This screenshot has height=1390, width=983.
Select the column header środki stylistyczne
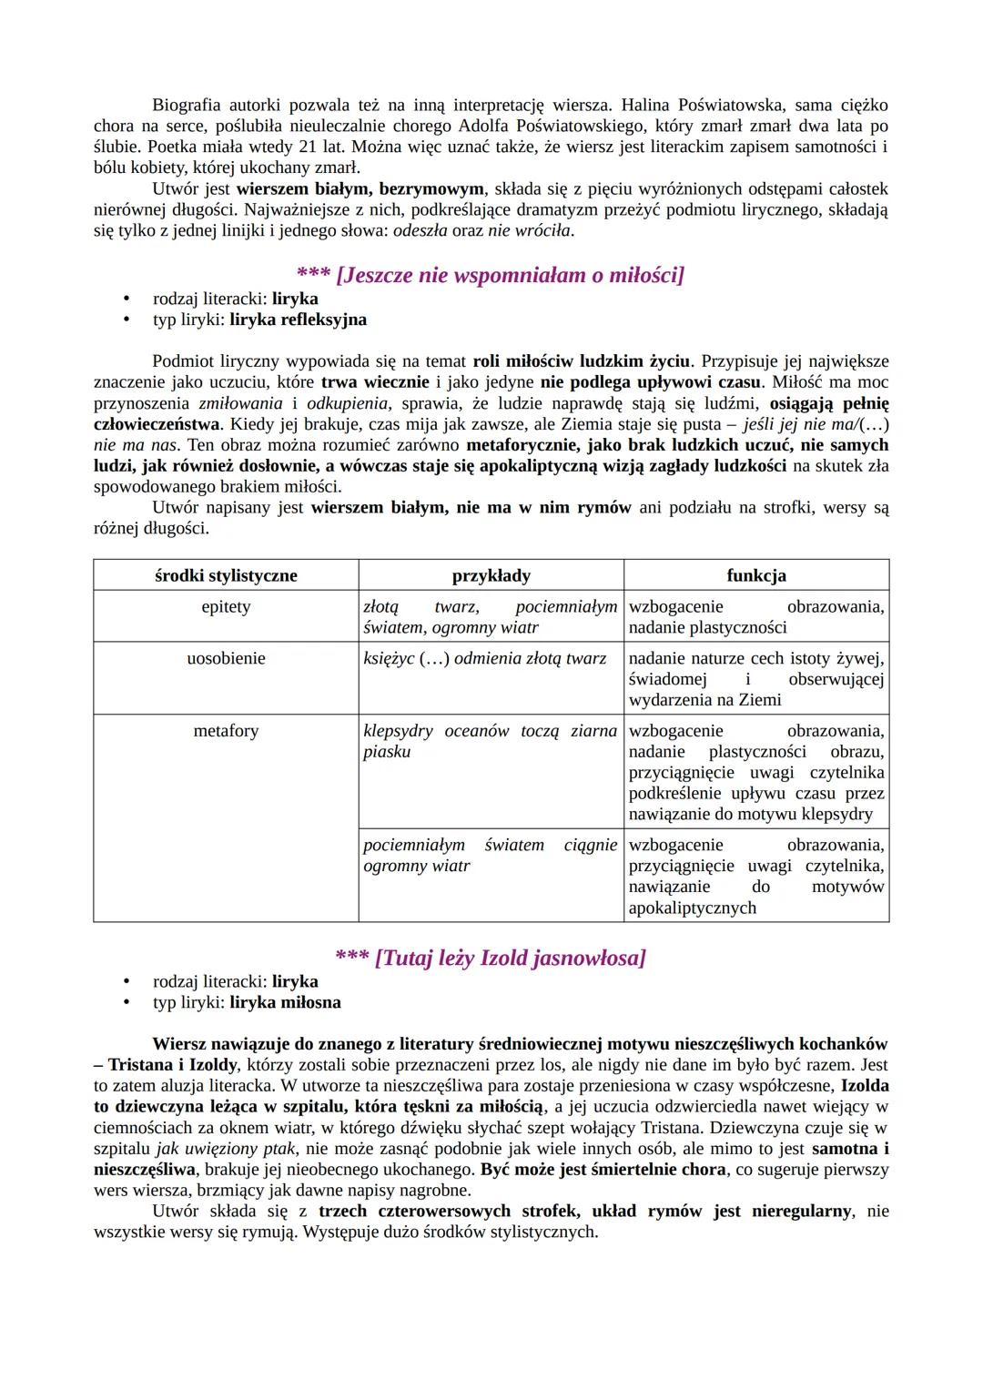[x=226, y=575]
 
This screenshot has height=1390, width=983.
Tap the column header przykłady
[x=491, y=575]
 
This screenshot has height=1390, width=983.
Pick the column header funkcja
[x=756, y=575]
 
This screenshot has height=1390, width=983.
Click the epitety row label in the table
[x=226, y=607]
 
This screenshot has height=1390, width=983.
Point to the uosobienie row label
[x=226, y=658]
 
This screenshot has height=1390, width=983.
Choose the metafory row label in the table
[x=226, y=731]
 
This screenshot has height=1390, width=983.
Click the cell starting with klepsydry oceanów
[x=490, y=741]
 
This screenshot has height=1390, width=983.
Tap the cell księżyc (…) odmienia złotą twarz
[x=484, y=658]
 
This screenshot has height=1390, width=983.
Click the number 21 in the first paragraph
[x=301, y=147]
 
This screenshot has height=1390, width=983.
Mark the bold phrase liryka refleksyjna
[x=298, y=320]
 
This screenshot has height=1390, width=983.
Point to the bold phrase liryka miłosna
[x=285, y=1002]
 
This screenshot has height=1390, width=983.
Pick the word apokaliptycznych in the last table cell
[x=692, y=908]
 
